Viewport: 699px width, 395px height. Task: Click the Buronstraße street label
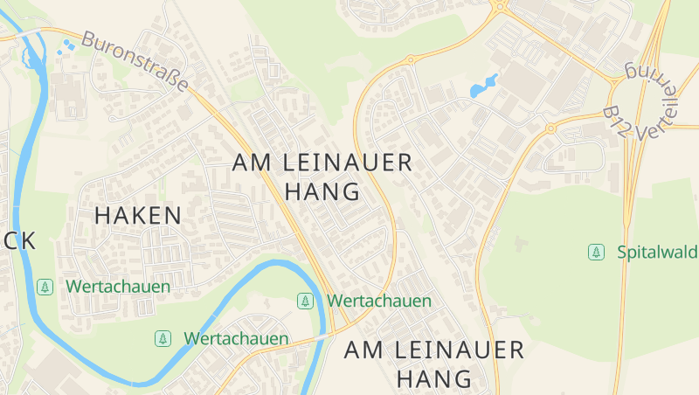click(x=135, y=63)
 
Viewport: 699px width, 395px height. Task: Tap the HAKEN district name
click(x=138, y=216)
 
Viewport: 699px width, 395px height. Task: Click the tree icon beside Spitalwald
click(x=596, y=253)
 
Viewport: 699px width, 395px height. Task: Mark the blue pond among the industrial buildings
click(x=483, y=86)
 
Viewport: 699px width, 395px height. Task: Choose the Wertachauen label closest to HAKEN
click(x=118, y=286)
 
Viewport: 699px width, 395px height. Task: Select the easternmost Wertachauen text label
click(x=379, y=301)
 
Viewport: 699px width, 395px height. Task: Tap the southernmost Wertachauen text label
click(x=236, y=338)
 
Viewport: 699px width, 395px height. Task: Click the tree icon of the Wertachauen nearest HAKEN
click(x=45, y=286)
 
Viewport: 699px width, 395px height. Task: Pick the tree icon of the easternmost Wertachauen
click(x=305, y=301)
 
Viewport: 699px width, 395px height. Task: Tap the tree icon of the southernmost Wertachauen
click(x=162, y=338)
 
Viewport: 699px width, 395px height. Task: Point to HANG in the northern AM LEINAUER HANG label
click(x=322, y=191)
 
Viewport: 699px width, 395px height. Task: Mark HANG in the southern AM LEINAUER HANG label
click(x=434, y=378)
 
